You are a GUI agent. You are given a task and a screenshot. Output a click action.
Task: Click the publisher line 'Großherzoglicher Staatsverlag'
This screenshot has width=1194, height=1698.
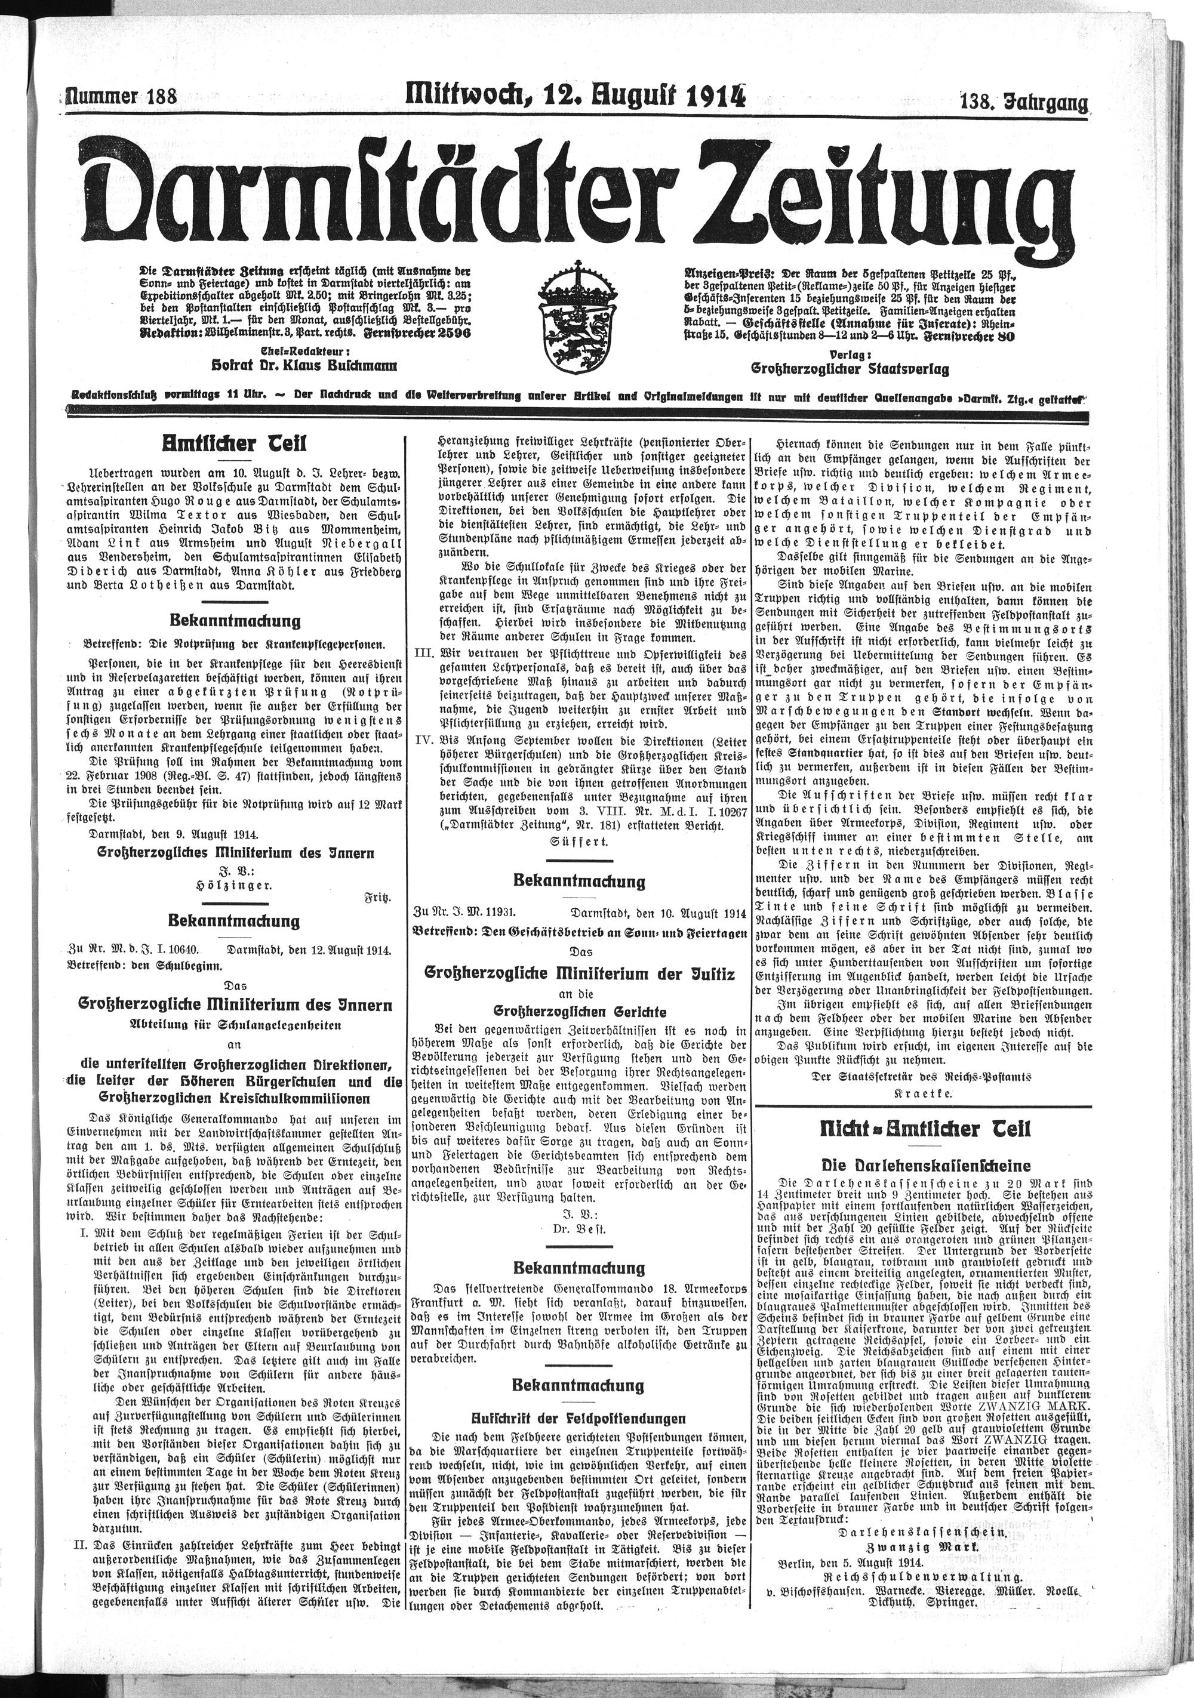[x=850, y=368]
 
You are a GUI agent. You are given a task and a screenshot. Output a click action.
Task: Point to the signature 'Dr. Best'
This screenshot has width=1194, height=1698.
[x=578, y=1228]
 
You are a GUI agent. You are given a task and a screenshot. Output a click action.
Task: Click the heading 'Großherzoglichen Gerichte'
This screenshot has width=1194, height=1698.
[x=579, y=1011]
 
